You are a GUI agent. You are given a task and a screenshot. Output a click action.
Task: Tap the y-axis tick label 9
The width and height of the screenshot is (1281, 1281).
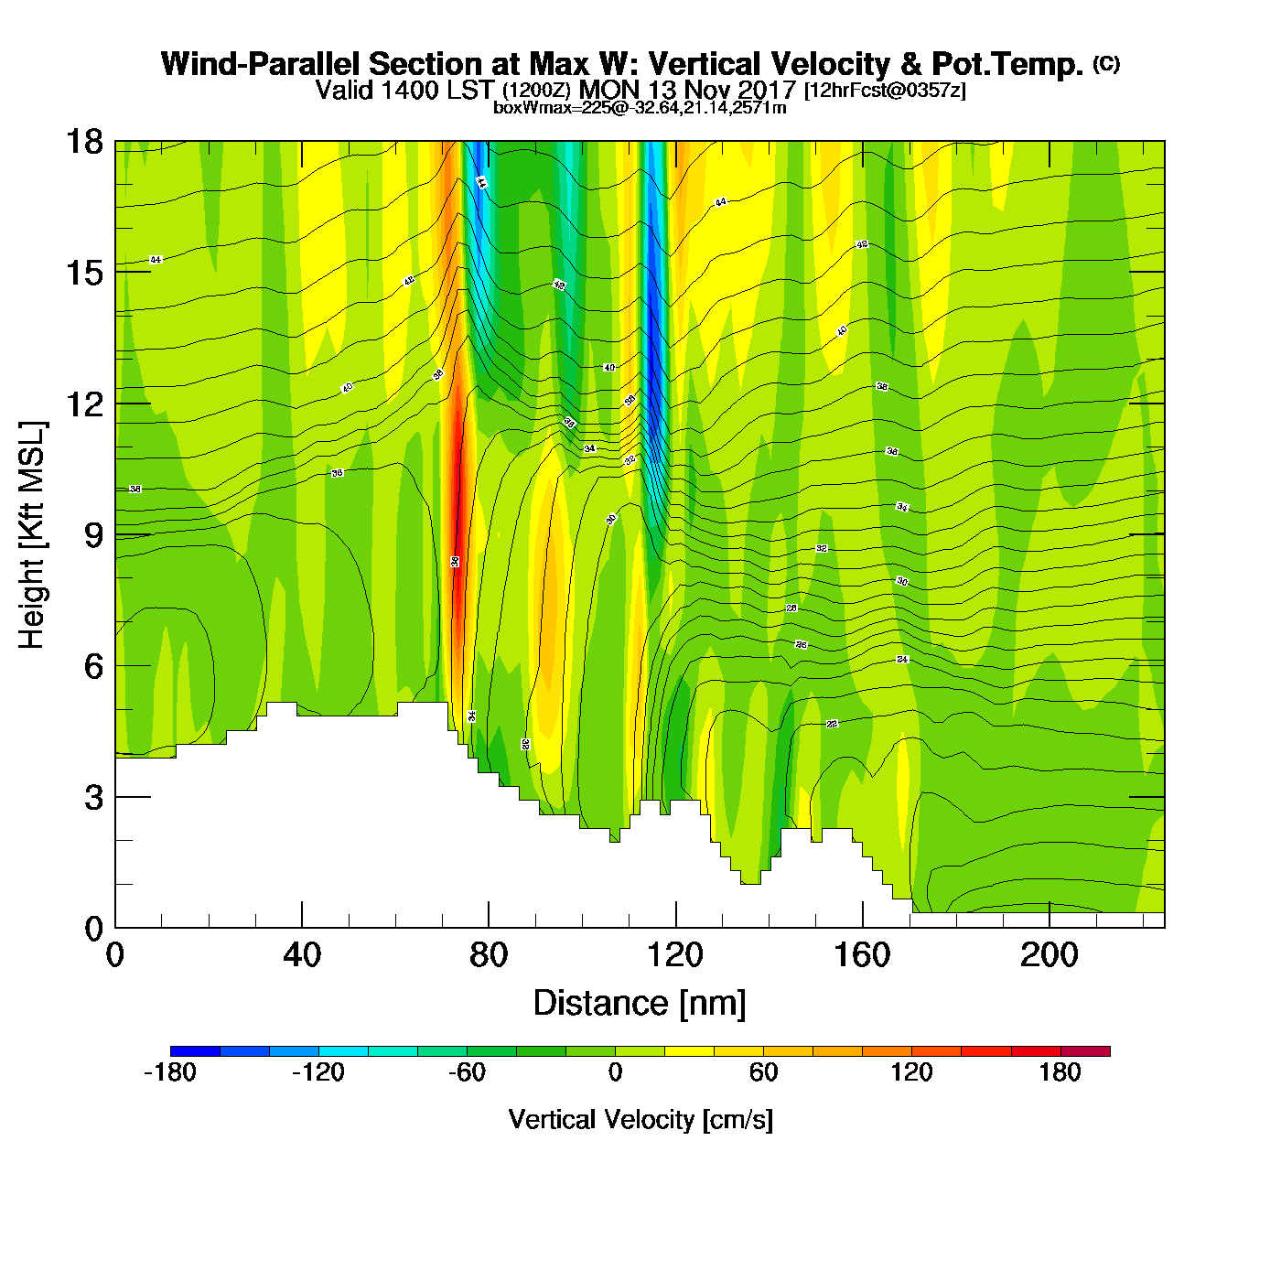[x=93, y=535]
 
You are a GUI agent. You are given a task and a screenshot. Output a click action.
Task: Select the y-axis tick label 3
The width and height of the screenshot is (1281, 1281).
[x=93, y=798]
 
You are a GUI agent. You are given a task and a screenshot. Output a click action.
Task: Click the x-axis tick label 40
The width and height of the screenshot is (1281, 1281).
[x=302, y=955]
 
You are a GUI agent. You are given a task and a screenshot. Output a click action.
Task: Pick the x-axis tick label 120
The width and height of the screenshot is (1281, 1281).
[x=675, y=955]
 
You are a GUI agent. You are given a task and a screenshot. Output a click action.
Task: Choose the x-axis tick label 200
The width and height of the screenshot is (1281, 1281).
[x=1049, y=955]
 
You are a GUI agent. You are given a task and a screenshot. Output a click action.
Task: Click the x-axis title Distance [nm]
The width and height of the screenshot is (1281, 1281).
[x=640, y=1004]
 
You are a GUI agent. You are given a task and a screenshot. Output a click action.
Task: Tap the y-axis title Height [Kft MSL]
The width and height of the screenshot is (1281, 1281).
[x=32, y=535]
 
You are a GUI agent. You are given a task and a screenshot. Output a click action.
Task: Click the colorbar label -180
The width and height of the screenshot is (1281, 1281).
[x=170, y=1072]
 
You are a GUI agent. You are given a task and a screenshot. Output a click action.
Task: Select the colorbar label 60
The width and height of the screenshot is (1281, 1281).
[x=763, y=1072]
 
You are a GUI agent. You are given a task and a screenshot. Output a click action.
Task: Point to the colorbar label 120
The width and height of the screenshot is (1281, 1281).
[x=911, y=1072]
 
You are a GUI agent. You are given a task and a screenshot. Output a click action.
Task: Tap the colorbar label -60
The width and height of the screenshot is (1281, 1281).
[x=467, y=1072]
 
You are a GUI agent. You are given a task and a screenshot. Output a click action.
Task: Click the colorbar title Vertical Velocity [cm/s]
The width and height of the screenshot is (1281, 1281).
[x=640, y=1120]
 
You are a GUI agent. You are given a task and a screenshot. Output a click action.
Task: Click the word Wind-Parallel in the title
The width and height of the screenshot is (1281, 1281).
[x=260, y=64]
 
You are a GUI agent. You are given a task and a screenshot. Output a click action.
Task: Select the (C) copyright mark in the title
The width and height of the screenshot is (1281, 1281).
[x=1106, y=63]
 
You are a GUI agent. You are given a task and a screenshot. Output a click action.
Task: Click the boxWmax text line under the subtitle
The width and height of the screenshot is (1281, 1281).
[x=640, y=107]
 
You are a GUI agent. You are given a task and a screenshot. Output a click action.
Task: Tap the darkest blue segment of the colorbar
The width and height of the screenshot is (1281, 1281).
[x=195, y=1051]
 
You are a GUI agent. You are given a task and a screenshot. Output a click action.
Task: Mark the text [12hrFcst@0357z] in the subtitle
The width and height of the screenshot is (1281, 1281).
[x=884, y=91]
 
